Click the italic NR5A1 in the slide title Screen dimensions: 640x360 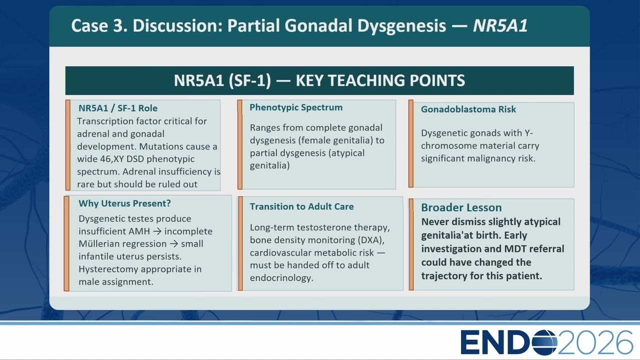point(500,25)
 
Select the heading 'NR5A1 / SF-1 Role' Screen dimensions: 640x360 point(118,108)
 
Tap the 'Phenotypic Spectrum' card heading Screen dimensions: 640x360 point(296,107)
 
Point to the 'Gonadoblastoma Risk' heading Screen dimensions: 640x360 point(468,109)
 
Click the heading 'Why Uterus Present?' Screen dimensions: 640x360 point(124,203)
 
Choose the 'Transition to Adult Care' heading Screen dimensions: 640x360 point(301,206)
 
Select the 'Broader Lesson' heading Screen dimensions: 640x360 point(461,207)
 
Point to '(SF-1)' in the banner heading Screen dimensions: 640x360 point(249,80)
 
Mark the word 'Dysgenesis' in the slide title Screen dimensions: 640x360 point(401,25)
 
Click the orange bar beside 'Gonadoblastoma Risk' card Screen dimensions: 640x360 point(411,143)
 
